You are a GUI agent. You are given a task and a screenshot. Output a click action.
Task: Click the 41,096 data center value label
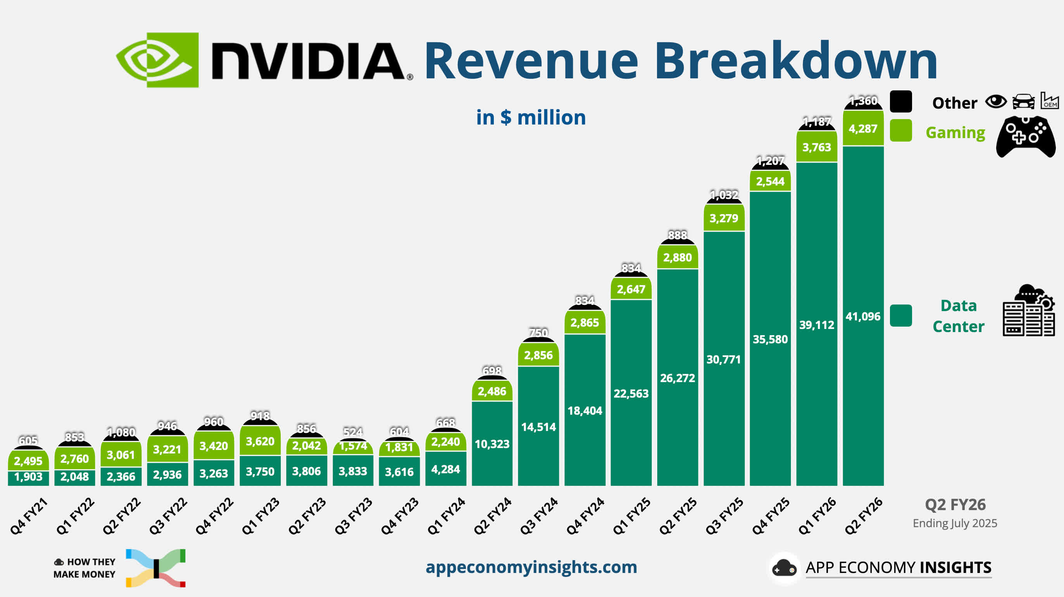(x=863, y=317)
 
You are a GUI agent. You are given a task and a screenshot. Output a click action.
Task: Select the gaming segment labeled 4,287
(x=863, y=128)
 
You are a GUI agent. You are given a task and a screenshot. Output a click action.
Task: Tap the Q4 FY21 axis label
(x=29, y=516)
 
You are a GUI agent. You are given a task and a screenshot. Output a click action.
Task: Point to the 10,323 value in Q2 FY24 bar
(x=492, y=444)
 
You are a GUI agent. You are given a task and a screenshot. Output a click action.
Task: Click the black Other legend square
(x=901, y=102)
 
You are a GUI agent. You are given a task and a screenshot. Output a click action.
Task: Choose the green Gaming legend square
(x=901, y=131)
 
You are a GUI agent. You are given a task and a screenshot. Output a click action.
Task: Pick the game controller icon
(x=1026, y=137)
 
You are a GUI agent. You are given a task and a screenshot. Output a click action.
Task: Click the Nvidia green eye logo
(x=157, y=60)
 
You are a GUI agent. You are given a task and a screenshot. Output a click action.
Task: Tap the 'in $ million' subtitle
(x=531, y=118)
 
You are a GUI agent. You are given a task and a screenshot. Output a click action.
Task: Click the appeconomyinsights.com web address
(x=531, y=567)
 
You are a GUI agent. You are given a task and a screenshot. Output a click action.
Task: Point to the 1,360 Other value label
(x=863, y=100)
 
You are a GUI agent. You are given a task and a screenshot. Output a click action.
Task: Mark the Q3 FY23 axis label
(x=353, y=516)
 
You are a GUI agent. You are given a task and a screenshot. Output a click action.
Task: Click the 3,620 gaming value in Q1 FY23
(x=260, y=441)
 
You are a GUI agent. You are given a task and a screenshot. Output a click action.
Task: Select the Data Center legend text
(x=958, y=316)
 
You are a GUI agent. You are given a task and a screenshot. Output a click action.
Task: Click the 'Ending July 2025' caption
(x=955, y=523)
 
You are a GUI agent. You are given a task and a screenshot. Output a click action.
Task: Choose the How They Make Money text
(x=84, y=568)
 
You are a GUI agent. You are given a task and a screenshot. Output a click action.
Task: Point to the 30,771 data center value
(x=724, y=360)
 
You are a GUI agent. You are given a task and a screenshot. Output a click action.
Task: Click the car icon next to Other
(x=1023, y=101)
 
